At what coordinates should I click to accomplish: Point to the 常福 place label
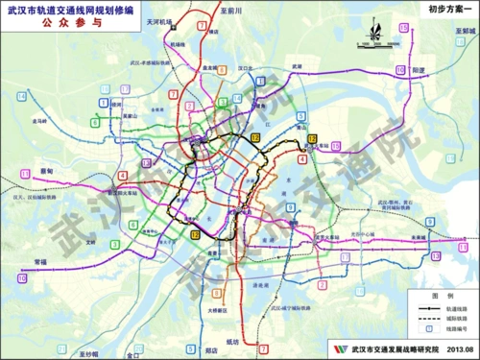(38, 260)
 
